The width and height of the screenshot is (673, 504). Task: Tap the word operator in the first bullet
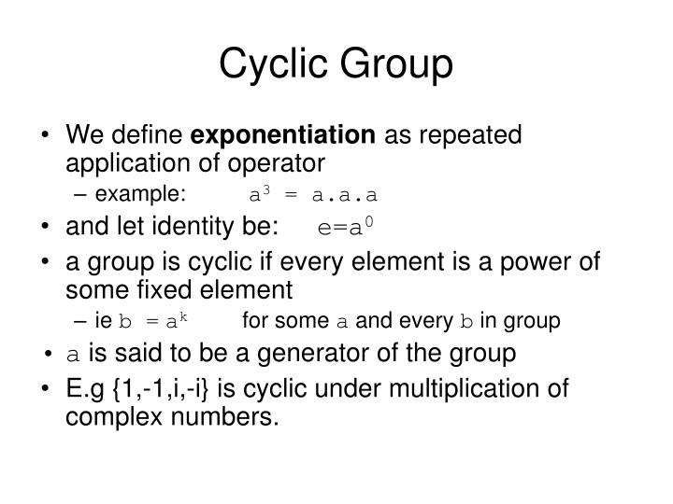[x=276, y=163]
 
